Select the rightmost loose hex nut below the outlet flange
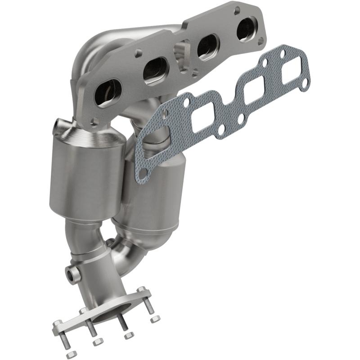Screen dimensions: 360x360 point(155,319)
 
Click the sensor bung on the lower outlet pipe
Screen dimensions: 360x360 point(71,273)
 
